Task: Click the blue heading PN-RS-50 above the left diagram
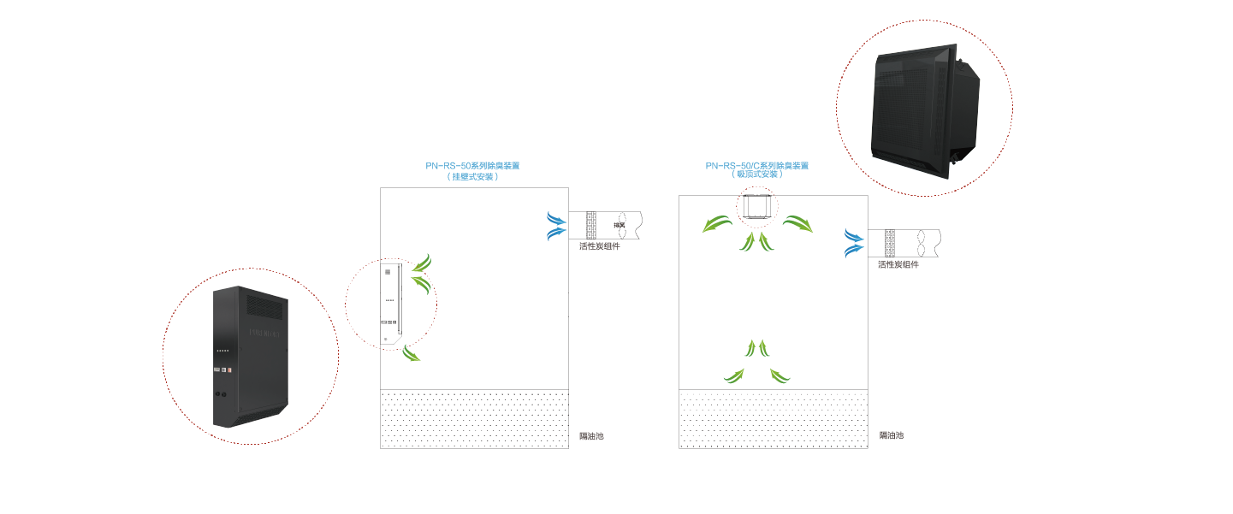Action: point(472,166)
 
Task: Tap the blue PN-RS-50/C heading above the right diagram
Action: point(756,166)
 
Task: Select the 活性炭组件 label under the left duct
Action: point(599,246)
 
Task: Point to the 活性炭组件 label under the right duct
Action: point(898,265)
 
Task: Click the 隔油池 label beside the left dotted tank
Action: point(591,436)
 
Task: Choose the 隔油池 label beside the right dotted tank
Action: point(891,435)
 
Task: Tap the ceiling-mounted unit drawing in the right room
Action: point(757,206)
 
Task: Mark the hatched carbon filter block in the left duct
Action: point(590,226)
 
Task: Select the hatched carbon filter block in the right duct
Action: point(889,243)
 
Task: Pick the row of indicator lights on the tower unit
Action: point(223,351)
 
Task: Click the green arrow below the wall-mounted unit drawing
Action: point(412,352)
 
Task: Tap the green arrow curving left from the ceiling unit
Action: point(717,224)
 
